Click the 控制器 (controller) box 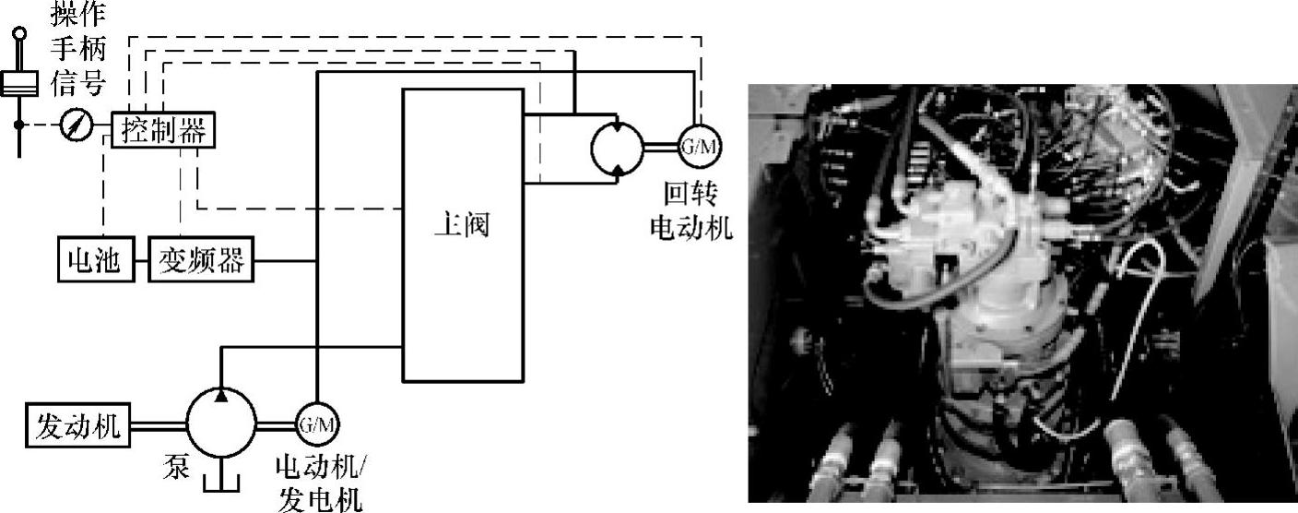(x=163, y=130)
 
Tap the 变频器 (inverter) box (x=199, y=260)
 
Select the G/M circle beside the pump (x=315, y=424)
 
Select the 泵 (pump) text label (x=179, y=466)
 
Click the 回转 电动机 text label (x=691, y=209)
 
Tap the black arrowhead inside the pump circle (x=221, y=395)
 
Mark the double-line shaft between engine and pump (x=159, y=424)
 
